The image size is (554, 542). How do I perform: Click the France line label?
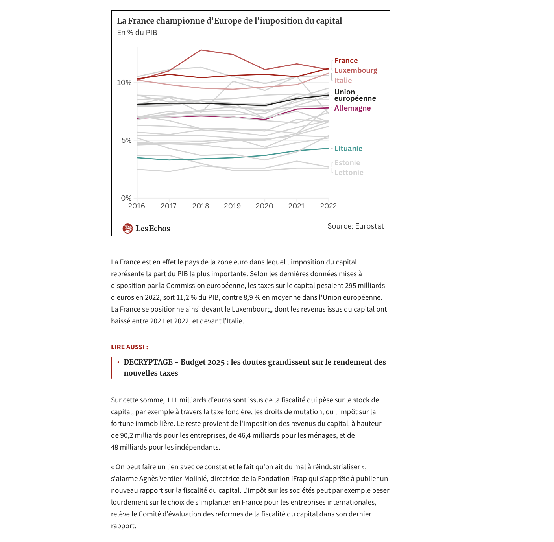pyautogui.click(x=346, y=61)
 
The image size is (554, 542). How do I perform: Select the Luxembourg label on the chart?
pyautogui.click(x=356, y=70)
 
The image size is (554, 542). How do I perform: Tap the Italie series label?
pyautogui.click(x=343, y=81)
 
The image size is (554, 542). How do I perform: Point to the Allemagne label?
pyautogui.click(x=352, y=108)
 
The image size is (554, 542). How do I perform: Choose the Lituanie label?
pyautogui.click(x=348, y=149)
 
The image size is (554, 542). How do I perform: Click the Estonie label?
pyautogui.click(x=347, y=163)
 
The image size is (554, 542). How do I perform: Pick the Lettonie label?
pyautogui.click(x=349, y=173)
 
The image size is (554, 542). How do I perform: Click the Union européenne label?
pyautogui.click(x=355, y=95)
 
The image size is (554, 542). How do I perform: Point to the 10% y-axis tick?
pyautogui.click(x=124, y=83)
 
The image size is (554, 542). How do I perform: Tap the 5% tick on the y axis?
pyautogui.click(x=126, y=140)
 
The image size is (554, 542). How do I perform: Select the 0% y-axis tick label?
pyautogui.click(x=126, y=198)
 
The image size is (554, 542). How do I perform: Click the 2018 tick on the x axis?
pyautogui.click(x=201, y=206)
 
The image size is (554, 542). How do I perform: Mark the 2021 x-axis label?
pyautogui.click(x=296, y=206)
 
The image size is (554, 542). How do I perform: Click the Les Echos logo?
pyautogui.click(x=146, y=229)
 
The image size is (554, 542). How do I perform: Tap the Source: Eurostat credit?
pyautogui.click(x=356, y=226)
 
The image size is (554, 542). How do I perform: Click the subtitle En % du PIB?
pyautogui.click(x=137, y=33)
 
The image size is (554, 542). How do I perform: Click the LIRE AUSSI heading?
pyautogui.click(x=129, y=347)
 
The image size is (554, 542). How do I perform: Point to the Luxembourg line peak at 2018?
pyautogui.click(x=201, y=50)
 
